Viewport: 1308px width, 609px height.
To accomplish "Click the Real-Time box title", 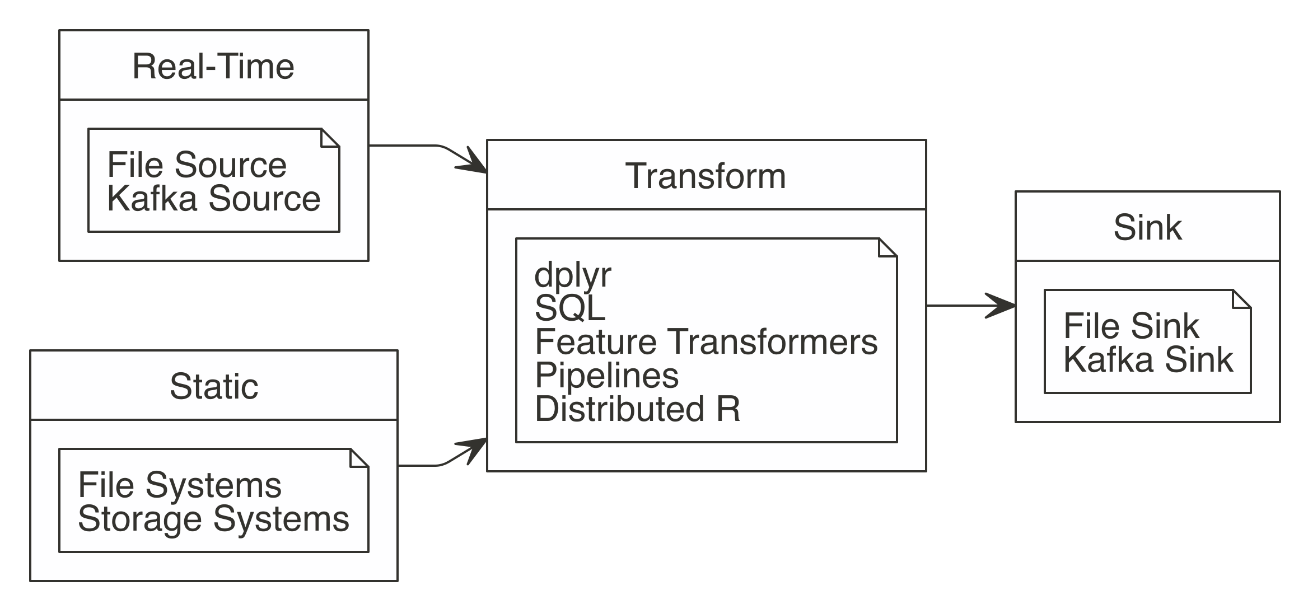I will click(x=213, y=67).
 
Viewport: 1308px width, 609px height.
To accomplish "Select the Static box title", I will click(x=214, y=387).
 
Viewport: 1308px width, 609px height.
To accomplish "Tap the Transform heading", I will click(x=706, y=176).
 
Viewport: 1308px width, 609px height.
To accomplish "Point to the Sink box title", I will click(x=1147, y=228).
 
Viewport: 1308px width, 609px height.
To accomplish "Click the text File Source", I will click(x=197, y=165).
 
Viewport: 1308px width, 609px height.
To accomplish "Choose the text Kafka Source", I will click(x=213, y=198).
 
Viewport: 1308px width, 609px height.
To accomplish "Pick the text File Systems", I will click(x=180, y=485).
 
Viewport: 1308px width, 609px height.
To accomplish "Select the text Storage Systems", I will click(x=213, y=519).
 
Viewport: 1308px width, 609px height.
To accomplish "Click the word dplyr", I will click(x=572, y=275).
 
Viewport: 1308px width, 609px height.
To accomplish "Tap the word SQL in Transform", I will click(x=569, y=308).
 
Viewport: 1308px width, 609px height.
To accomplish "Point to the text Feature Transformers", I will click(x=706, y=341).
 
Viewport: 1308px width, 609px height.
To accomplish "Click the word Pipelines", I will click(x=606, y=375).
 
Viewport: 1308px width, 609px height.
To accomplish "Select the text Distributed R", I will click(x=637, y=409).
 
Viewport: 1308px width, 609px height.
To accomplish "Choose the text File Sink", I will click(x=1131, y=326).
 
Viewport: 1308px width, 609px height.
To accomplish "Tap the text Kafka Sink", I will click(x=1147, y=359).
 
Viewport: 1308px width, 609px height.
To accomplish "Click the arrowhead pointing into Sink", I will click(x=1002, y=306).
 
